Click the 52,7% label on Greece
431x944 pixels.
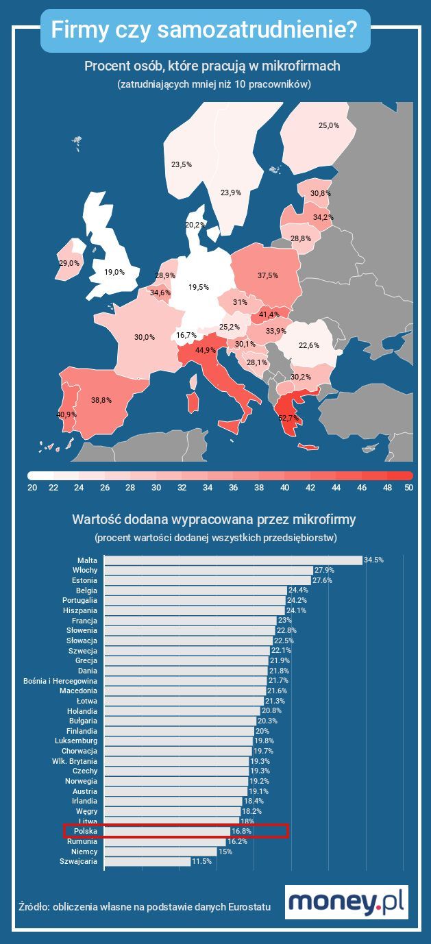point(289,417)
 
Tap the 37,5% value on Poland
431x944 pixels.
point(268,275)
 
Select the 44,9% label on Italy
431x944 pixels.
point(206,350)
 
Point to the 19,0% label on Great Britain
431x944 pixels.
point(114,272)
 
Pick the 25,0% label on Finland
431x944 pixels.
point(329,125)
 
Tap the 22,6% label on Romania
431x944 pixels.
point(309,345)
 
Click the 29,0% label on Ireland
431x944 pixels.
point(69,263)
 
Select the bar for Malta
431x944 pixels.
point(233,560)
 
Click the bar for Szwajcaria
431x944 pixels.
point(147,861)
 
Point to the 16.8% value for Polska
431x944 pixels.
point(241,831)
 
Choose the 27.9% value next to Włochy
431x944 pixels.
point(324,570)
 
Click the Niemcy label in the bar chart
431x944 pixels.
point(84,852)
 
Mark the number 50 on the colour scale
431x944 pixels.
point(408,488)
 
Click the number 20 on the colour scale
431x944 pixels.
point(32,488)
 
